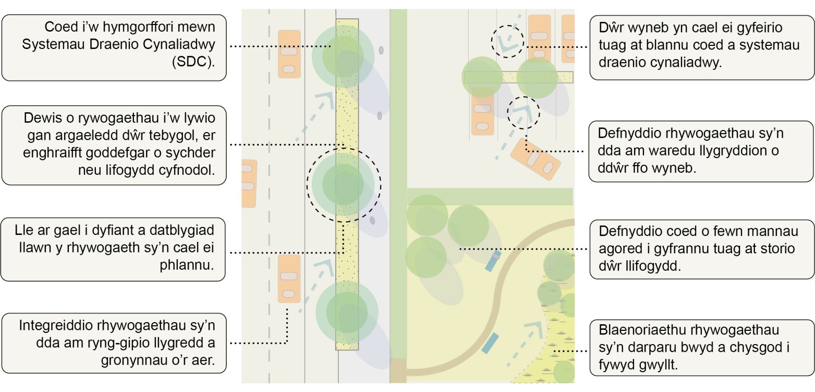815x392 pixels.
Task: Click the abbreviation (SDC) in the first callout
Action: (193, 62)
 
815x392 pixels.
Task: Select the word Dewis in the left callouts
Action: (42, 118)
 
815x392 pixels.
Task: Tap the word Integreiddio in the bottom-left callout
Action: (56, 325)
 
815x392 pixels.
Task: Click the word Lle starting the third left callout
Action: (24, 230)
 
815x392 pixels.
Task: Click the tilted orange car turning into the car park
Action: (535, 159)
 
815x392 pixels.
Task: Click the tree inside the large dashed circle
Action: (343, 185)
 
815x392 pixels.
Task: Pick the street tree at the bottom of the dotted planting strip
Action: (347, 312)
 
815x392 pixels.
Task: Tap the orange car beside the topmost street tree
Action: (289, 54)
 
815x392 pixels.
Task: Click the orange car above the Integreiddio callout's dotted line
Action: (289, 279)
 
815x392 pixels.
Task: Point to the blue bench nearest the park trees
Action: (493, 261)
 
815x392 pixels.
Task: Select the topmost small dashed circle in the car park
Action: (507, 41)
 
